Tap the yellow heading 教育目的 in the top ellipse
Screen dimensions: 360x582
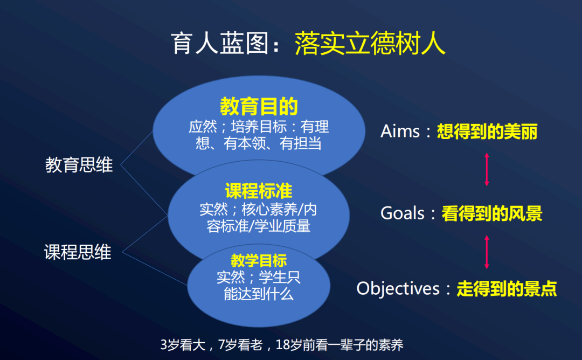[259, 107]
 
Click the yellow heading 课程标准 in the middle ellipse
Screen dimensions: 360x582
[259, 191]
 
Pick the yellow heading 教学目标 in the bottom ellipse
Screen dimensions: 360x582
[259, 261]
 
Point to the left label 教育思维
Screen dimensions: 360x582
[79, 165]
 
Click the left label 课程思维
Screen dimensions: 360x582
[78, 252]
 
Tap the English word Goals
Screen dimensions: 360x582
[403, 213]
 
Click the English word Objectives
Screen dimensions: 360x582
[398, 288]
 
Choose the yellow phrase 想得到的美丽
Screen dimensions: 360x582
[487, 131]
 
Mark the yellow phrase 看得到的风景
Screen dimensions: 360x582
[491, 213]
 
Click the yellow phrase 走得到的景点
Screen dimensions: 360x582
[507, 289]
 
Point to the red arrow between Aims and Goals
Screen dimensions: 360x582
[487, 169]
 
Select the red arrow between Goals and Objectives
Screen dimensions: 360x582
[487, 251]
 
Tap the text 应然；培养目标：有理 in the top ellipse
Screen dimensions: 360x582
[259, 127]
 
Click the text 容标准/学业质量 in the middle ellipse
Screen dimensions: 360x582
[259, 226]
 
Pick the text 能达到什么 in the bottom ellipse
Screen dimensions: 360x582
[259, 294]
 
